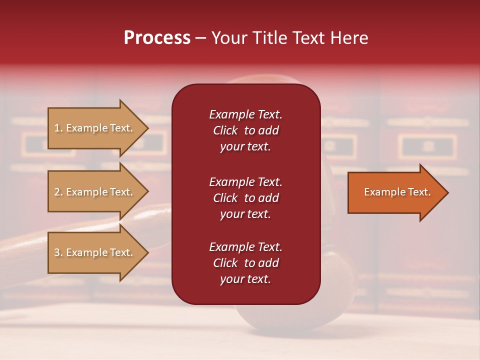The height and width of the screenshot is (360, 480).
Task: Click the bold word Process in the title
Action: pos(157,38)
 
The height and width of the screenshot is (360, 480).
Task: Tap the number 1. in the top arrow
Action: pos(58,128)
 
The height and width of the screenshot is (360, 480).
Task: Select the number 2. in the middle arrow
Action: pos(58,192)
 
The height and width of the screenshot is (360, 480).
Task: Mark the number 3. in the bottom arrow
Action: pos(58,252)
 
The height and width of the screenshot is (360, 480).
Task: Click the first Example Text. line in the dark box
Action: pos(245,114)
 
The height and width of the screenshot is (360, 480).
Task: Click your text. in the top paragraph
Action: pos(245,146)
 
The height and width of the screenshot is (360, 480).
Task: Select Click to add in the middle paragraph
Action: pos(245,198)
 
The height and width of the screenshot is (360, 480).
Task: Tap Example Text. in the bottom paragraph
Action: pos(245,247)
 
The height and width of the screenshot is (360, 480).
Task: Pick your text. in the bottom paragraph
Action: pos(245,279)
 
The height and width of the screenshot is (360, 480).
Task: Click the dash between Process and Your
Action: pos(200,38)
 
